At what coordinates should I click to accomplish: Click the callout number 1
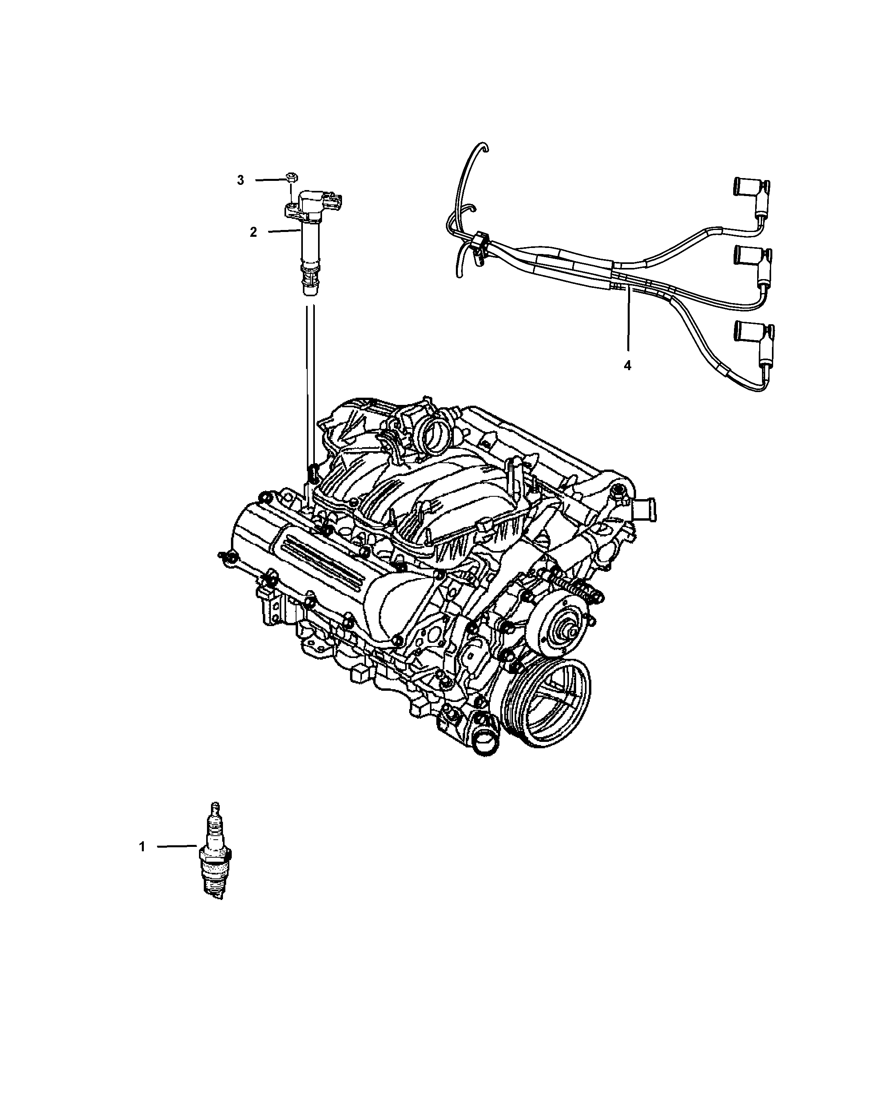tap(142, 847)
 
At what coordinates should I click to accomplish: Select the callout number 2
tap(253, 232)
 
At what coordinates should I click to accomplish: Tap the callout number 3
tap(240, 180)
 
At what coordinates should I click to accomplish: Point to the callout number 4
tap(628, 366)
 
